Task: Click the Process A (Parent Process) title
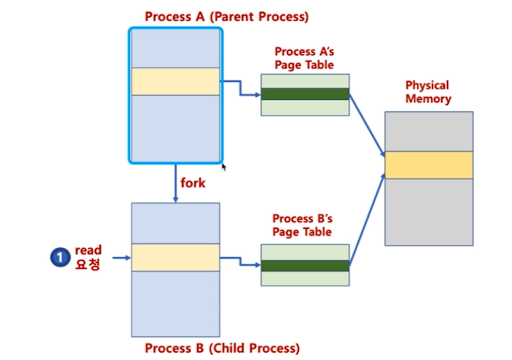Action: [x=226, y=17]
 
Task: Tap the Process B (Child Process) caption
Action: [x=222, y=348]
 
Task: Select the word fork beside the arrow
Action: [x=193, y=183]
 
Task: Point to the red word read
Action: [x=88, y=250]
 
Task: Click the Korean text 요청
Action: [x=87, y=265]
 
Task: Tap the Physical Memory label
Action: [x=428, y=92]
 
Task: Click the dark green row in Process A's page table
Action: [x=305, y=94]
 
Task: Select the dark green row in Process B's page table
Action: [x=305, y=265]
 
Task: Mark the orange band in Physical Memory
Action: [x=429, y=165]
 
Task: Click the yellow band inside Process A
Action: [x=175, y=81]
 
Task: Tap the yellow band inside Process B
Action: [x=175, y=258]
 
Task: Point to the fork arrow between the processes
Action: [x=175, y=184]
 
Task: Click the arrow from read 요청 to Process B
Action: [x=121, y=257]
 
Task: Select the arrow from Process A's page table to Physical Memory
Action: [x=367, y=124]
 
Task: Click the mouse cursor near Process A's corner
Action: [x=224, y=167]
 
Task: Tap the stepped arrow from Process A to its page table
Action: [x=240, y=88]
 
